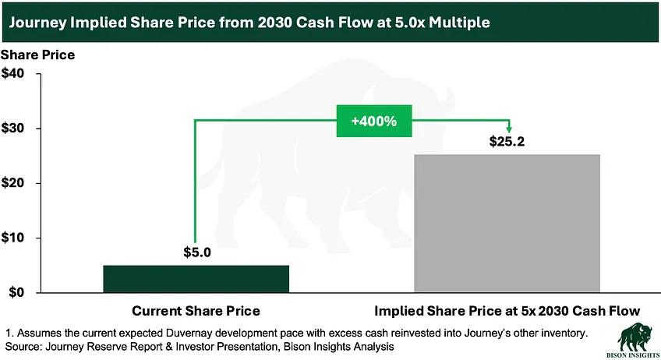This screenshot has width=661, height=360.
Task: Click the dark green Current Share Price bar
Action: (x=196, y=279)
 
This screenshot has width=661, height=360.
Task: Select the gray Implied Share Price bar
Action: (x=507, y=223)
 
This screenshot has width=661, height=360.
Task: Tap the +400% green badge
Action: (x=374, y=121)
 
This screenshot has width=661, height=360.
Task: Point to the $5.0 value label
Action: (x=197, y=252)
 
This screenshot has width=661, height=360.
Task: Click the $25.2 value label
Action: (x=507, y=141)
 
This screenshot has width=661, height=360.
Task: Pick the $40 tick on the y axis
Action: (x=12, y=73)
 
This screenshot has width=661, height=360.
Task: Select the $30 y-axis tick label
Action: (x=12, y=128)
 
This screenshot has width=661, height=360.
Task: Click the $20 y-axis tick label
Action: (x=12, y=183)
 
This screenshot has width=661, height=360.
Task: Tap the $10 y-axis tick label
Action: (x=12, y=238)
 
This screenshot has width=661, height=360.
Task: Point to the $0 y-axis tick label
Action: (x=16, y=292)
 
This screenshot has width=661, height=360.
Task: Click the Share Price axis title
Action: (x=38, y=55)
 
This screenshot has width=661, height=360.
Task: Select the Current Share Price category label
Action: (x=196, y=311)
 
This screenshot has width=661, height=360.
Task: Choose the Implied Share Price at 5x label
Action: (x=507, y=311)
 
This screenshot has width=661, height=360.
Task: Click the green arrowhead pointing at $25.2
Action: (x=509, y=129)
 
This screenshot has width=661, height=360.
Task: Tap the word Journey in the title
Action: (x=38, y=23)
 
